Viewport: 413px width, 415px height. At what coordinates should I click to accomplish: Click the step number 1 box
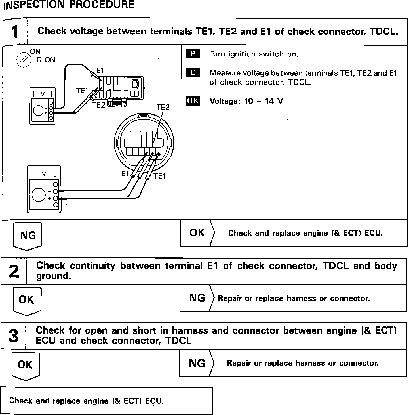click(15, 32)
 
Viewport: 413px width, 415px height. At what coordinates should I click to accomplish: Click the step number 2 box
click(14, 271)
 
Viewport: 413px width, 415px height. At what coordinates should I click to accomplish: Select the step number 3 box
click(13, 336)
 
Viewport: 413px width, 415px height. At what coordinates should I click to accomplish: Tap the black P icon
click(193, 54)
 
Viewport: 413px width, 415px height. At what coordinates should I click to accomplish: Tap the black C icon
click(193, 73)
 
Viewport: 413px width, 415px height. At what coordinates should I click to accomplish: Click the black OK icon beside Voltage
click(193, 101)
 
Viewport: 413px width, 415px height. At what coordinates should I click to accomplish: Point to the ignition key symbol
click(24, 60)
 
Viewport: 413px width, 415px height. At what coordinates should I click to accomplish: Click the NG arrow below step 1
click(28, 236)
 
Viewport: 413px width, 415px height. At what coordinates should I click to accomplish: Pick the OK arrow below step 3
click(25, 365)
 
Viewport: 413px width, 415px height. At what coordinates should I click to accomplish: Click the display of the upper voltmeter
click(43, 94)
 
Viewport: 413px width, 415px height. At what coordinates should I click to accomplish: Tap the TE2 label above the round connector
click(163, 107)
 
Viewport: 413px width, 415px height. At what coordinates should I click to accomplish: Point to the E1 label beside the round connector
click(125, 174)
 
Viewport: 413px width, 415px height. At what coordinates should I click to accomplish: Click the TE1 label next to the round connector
click(159, 176)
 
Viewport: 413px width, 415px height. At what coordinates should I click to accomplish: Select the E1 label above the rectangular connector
click(100, 70)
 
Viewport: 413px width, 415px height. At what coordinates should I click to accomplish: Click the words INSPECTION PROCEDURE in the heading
click(69, 5)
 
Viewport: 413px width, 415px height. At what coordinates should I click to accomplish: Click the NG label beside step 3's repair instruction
click(197, 363)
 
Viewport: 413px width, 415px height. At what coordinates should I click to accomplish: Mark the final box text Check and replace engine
click(86, 401)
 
